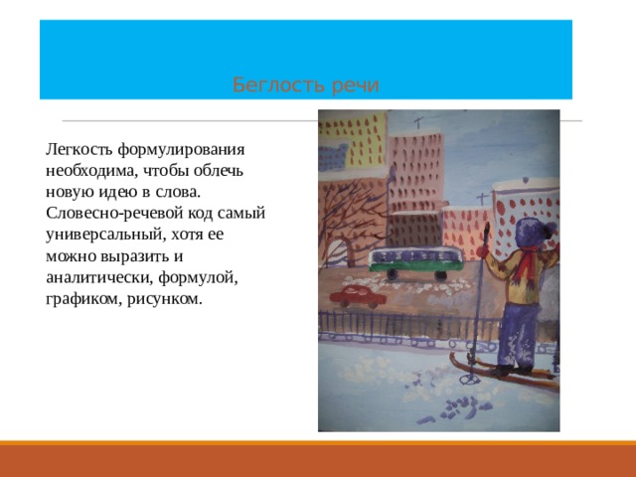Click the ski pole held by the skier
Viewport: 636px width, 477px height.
[481, 298]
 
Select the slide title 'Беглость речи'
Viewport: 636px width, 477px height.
[306, 85]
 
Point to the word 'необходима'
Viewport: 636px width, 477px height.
[89, 170]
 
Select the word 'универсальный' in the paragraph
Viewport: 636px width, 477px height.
[101, 236]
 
